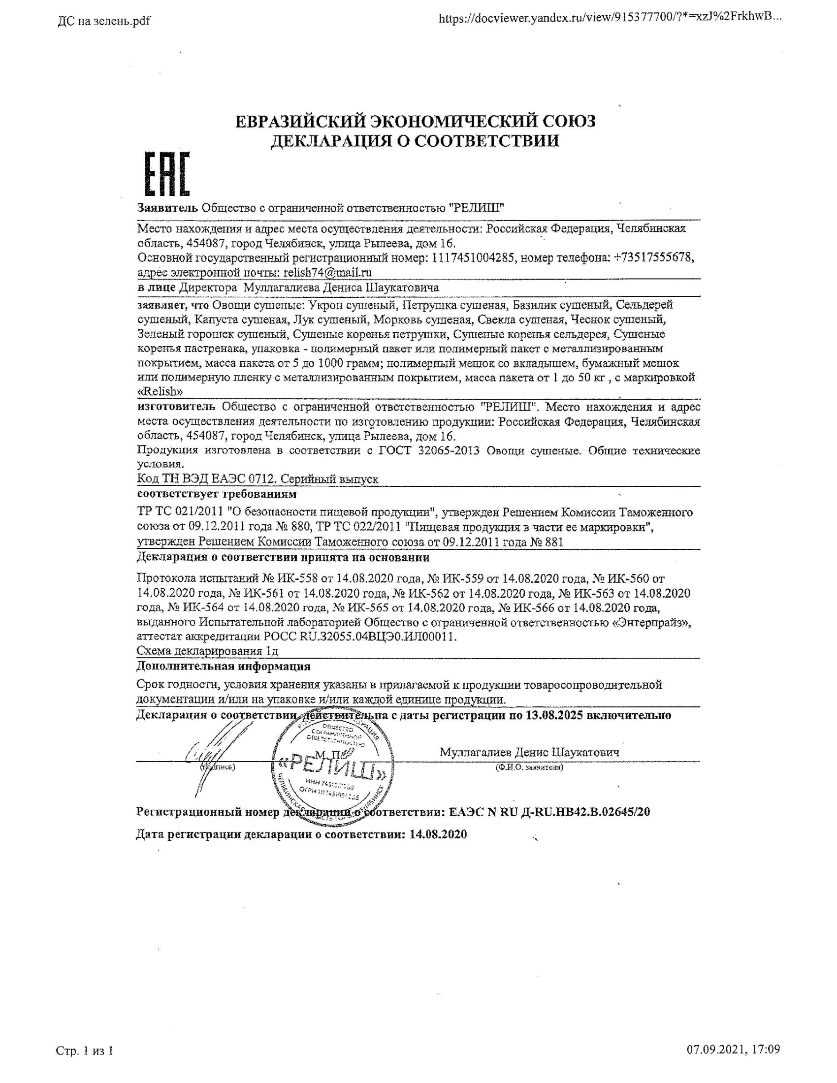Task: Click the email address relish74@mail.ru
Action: coord(326,272)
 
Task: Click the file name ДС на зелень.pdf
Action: coord(103,21)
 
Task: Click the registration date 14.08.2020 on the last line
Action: coord(438,834)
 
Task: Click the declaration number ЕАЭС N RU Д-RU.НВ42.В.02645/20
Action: coord(549,812)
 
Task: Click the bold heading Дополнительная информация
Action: coord(223,666)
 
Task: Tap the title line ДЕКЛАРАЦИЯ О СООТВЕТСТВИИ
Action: coord(415,141)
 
